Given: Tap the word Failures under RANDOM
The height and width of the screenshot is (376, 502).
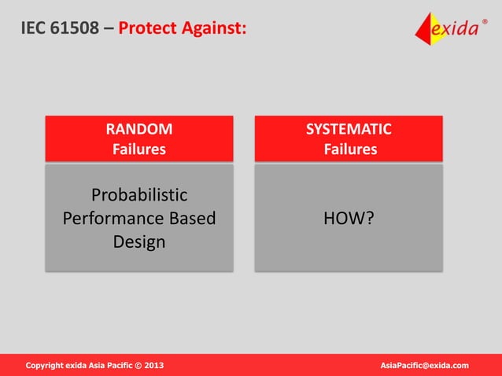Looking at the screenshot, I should pyautogui.click(x=139, y=149).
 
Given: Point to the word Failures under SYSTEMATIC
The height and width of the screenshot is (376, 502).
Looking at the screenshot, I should pyautogui.click(x=350, y=149).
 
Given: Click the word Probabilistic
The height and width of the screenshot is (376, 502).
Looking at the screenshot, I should pyautogui.click(x=139, y=194).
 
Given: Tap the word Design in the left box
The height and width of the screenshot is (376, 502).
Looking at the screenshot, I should pyautogui.click(x=139, y=241).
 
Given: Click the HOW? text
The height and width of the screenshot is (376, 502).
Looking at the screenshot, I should pyautogui.click(x=349, y=218).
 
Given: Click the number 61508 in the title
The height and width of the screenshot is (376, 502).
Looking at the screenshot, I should pyautogui.click(x=76, y=29).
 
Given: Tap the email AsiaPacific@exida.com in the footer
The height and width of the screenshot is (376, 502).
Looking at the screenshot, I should pyautogui.click(x=424, y=365).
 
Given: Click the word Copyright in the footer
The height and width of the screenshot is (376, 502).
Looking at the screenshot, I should pyautogui.click(x=46, y=365).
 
